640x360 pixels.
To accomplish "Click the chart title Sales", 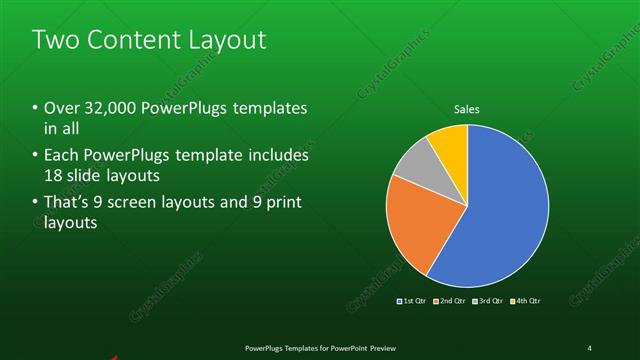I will click(467, 108).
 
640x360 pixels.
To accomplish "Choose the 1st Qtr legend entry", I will click(412, 300).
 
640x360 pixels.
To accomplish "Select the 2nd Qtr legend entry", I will click(448, 300).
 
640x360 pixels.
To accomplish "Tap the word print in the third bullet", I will click(281, 204).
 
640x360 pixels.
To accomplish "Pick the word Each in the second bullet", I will click(63, 156).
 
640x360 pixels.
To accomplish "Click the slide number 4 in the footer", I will click(590, 347).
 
